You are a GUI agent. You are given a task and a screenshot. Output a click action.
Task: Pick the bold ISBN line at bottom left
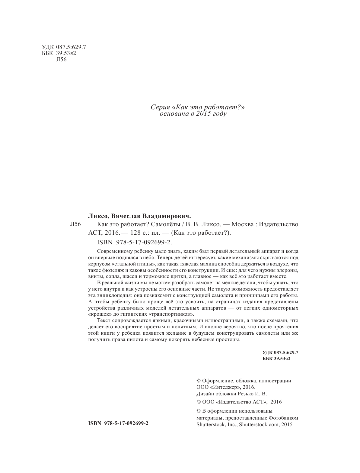[118, 423]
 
